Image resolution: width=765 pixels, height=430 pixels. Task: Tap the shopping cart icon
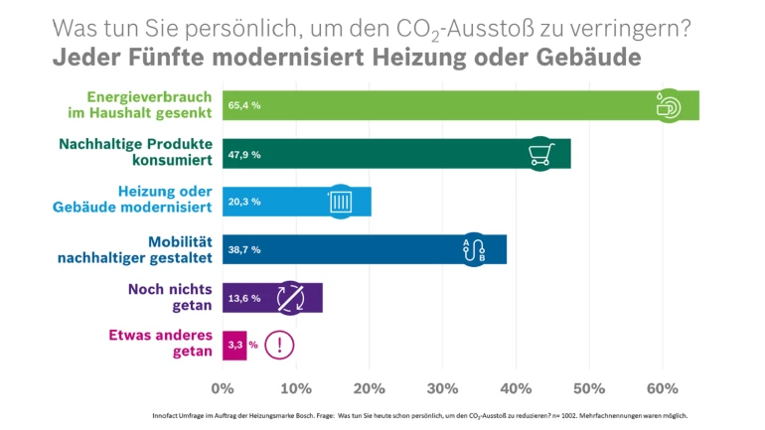pyautogui.click(x=540, y=153)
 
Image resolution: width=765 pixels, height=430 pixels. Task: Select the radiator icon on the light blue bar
pyautogui.click(x=340, y=202)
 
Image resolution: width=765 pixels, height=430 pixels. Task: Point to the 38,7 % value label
pyautogui.click(x=244, y=249)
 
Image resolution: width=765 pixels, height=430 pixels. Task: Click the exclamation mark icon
pyautogui.click(x=280, y=345)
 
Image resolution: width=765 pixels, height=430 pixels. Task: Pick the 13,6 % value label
pyautogui.click(x=244, y=298)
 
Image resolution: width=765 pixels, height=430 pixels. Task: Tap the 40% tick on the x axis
pyautogui.click(x=442, y=387)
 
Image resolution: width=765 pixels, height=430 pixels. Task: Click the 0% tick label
pyautogui.click(x=223, y=387)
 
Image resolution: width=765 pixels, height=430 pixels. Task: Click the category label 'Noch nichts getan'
pyautogui.click(x=170, y=297)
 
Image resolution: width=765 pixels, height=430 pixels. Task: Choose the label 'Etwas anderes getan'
pyautogui.click(x=161, y=344)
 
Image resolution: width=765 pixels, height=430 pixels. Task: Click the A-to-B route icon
pyautogui.click(x=474, y=250)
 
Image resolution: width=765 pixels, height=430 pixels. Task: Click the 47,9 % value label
pyautogui.click(x=244, y=153)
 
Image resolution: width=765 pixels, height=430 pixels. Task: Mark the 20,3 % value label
pyautogui.click(x=244, y=202)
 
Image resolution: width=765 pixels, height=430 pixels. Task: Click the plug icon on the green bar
pyautogui.click(x=668, y=104)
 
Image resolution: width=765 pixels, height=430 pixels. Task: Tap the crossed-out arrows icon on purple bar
pyautogui.click(x=289, y=297)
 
